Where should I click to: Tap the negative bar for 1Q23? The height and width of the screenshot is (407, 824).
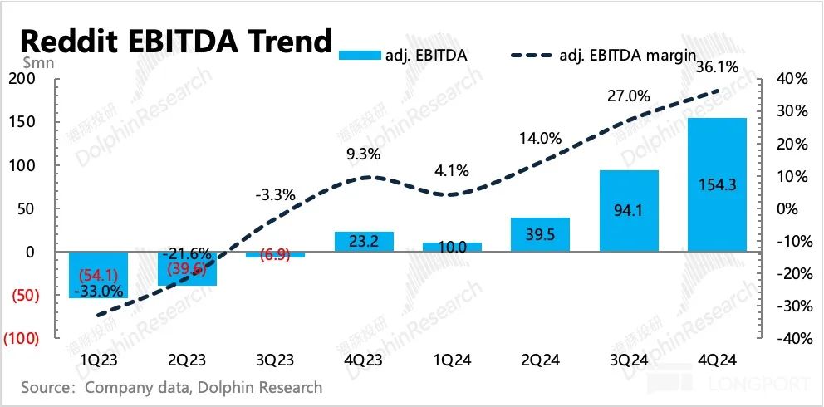(97, 275)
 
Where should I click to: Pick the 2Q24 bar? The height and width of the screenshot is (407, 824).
(540, 234)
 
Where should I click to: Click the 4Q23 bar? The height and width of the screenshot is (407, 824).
(363, 242)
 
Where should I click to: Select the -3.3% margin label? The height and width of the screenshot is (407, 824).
(274, 196)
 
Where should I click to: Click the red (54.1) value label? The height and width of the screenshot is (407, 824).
(97, 273)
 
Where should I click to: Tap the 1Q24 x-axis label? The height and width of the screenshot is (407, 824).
(451, 360)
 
